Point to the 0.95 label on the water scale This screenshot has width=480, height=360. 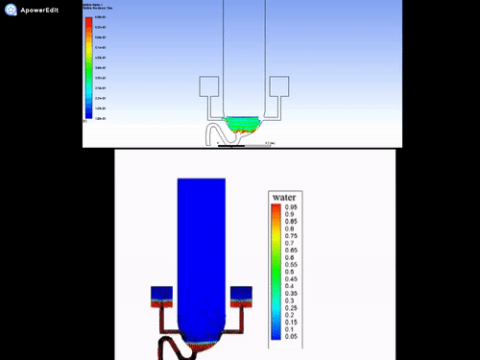coord(292,206)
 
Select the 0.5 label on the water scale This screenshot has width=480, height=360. coord(289,272)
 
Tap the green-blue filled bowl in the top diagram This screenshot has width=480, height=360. coord(245,124)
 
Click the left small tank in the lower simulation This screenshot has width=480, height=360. coord(160,295)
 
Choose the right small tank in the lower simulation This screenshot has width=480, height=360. coord(241,295)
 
